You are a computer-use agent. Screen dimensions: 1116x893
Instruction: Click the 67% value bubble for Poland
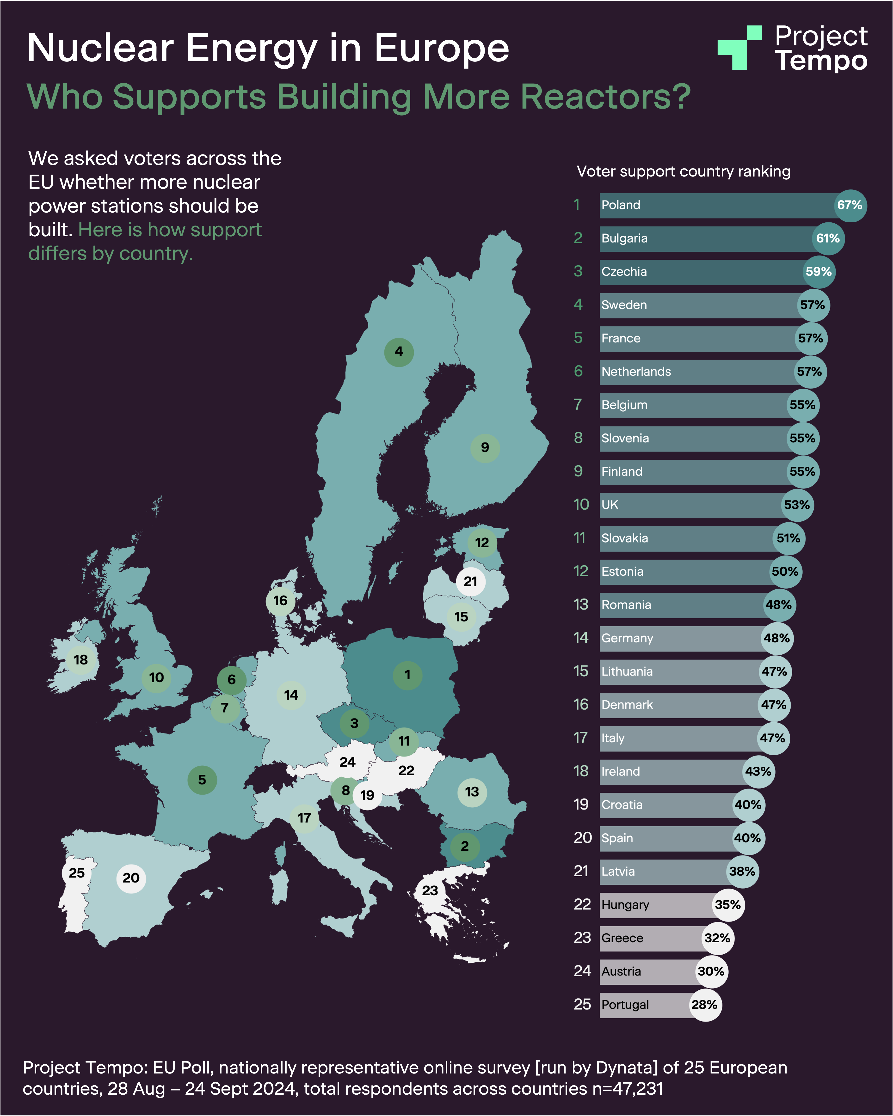pos(850,206)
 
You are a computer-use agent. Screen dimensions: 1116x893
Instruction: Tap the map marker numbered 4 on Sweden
pos(399,352)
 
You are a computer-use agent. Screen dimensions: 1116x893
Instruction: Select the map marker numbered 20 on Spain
pos(131,878)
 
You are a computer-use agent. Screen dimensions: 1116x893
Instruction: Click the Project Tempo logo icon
pos(739,48)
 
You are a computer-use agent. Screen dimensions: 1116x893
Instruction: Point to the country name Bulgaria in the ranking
pos(624,239)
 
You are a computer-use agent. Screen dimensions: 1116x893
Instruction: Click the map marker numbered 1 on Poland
pos(407,675)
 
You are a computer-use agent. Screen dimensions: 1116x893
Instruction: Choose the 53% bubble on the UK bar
pos(797,505)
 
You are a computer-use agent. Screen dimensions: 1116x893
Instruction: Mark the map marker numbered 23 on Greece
pos(430,890)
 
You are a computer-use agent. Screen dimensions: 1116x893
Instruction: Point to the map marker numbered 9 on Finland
pos(485,448)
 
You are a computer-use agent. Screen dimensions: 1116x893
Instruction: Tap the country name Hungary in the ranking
pos(625,905)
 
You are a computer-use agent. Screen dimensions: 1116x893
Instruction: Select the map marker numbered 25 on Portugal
pos(77,873)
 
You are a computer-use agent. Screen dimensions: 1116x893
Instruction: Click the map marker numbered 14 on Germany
pos(291,695)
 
